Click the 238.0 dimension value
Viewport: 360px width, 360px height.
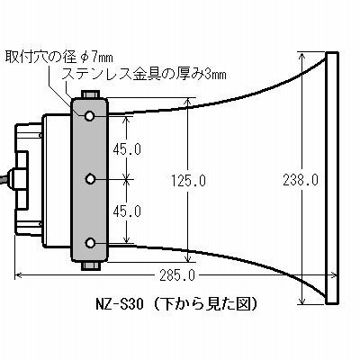[301, 180]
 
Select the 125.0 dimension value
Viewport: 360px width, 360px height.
[188, 181]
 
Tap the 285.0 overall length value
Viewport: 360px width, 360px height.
[177, 275]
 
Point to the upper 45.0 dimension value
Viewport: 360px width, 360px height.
[127, 149]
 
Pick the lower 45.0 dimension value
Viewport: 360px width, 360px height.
[127, 211]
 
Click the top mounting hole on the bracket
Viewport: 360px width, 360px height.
[90, 115]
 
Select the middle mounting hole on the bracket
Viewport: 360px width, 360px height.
[90, 179]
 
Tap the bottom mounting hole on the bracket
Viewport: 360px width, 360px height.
[90, 243]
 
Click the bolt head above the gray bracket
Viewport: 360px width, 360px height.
[90, 94]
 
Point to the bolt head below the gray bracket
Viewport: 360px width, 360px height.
[90, 265]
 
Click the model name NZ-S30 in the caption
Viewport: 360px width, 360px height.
[120, 304]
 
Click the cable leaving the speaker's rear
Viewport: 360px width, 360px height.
[5, 180]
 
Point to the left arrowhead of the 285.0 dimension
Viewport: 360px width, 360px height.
[19, 274]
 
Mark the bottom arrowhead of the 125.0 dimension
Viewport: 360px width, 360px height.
[188, 257]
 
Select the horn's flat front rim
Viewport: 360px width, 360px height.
[332, 178]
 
